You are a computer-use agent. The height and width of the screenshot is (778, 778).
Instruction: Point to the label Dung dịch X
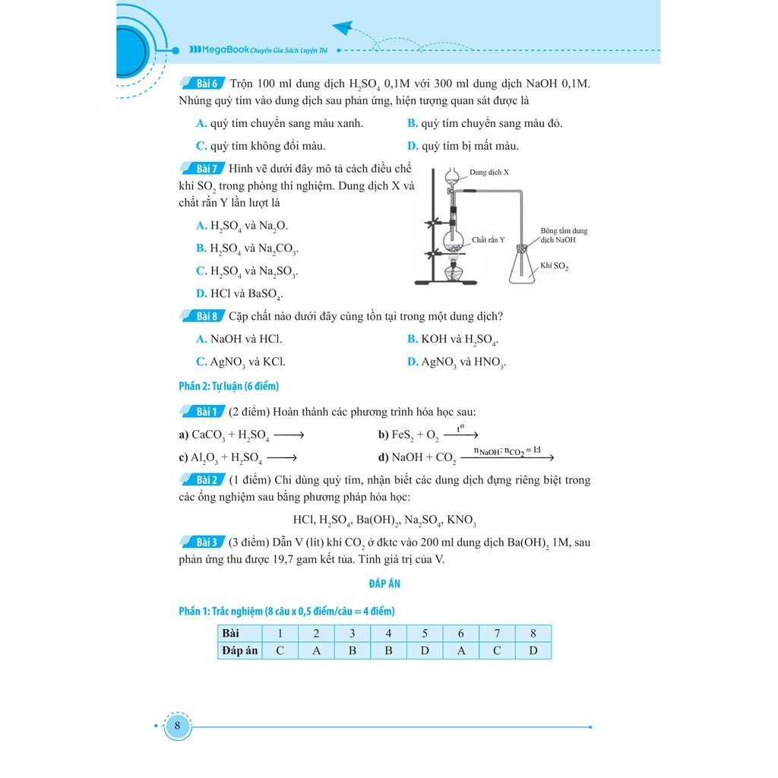click(x=489, y=172)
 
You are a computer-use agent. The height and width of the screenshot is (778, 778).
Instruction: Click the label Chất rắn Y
click(x=488, y=239)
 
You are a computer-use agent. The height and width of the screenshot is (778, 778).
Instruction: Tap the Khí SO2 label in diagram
click(x=555, y=267)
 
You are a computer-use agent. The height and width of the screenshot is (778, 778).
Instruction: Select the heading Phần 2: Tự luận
click(x=229, y=386)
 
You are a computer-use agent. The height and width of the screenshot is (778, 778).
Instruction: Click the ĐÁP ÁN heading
click(x=384, y=583)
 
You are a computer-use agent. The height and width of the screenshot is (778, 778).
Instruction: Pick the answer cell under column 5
click(x=425, y=650)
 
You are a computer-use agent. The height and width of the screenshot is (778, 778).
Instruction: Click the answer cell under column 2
click(x=316, y=650)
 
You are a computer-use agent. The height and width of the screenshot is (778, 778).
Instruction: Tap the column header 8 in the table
click(x=533, y=633)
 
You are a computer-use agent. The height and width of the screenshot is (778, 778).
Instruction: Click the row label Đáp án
click(x=240, y=650)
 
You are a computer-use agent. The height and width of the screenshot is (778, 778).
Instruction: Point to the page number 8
click(x=177, y=726)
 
